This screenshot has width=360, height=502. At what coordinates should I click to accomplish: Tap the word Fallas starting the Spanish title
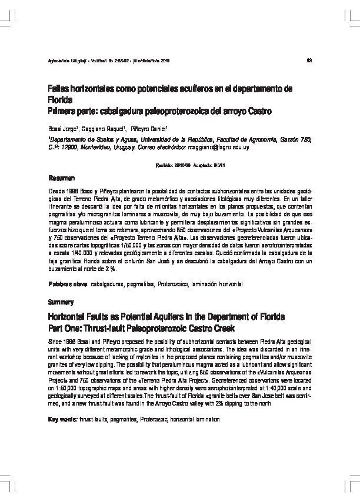click(59, 88)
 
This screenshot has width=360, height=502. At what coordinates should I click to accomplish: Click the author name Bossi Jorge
click(61, 128)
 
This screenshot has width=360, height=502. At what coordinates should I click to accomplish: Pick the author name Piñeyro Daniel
click(150, 128)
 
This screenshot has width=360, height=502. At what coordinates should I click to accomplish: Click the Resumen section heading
click(61, 178)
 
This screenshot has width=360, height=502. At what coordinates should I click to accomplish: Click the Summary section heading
click(60, 302)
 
